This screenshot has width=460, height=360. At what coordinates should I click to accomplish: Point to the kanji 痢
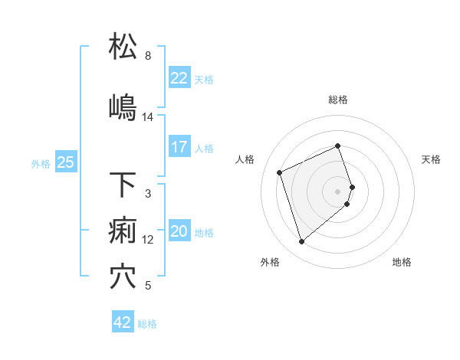[x=123, y=231]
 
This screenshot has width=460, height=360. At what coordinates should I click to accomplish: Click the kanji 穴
[x=123, y=277]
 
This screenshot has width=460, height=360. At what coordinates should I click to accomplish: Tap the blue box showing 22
[x=179, y=78]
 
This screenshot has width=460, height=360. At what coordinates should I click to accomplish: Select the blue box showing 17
[x=179, y=147]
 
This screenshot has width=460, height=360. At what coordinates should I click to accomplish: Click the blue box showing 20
[x=179, y=232]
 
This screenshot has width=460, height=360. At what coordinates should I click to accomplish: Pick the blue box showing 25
[x=65, y=162]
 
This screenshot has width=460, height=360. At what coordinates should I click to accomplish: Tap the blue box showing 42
[x=123, y=322]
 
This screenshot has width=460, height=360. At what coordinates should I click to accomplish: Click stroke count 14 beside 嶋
[x=148, y=117]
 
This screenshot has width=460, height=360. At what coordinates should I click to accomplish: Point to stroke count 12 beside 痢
[x=148, y=240]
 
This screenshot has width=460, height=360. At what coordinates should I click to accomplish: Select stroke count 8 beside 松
[x=148, y=56]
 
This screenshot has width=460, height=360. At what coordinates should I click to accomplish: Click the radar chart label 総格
[x=338, y=100]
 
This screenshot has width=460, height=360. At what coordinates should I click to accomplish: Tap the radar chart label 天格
[x=432, y=159]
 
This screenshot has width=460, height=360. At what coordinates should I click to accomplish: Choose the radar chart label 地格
[x=402, y=262]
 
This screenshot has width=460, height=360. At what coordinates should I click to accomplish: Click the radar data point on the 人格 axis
[x=281, y=172]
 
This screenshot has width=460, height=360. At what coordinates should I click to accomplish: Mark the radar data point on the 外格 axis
[x=301, y=242]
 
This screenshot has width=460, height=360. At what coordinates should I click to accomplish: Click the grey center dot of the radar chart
[x=338, y=190]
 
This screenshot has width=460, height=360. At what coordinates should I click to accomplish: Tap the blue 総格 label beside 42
[x=147, y=324]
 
